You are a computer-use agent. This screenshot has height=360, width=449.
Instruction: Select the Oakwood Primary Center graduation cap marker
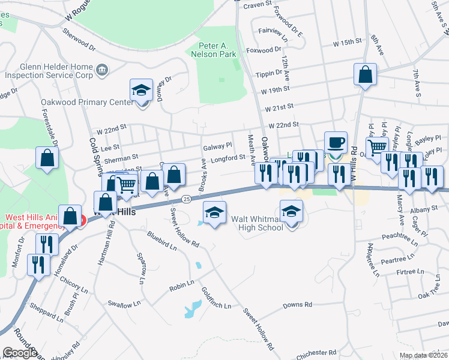tap(141, 92)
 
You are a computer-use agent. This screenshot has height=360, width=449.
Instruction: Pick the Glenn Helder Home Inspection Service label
tap(49, 71)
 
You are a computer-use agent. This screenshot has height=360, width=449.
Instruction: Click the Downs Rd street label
tap(298, 305)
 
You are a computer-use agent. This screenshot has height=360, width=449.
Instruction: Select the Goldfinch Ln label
tap(216, 297)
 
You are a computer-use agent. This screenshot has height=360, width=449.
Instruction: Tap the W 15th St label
tap(349, 44)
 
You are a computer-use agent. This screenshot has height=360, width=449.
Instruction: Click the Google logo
tap(20, 353)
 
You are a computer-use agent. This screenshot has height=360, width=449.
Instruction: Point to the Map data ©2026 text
tap(423, 355)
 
